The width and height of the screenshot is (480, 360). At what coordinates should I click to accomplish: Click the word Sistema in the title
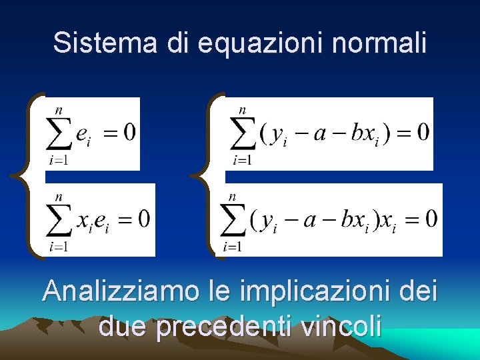point(106,43)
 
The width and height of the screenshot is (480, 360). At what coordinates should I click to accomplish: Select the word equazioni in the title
point(259,43)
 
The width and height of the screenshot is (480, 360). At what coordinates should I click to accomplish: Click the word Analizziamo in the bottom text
point(121,292)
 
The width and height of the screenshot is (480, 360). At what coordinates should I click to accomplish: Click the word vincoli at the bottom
point(341,327)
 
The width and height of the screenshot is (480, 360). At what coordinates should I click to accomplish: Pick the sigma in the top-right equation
point(243,133)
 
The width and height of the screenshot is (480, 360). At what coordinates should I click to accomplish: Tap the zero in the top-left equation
point(129,131)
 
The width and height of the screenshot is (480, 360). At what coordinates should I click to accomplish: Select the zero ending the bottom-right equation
point(431,218)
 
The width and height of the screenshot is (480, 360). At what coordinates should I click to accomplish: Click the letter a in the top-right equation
point(319,132)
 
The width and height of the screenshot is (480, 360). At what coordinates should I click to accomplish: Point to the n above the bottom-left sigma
point(59,197)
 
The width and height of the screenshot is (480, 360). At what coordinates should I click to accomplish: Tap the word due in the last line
point(124,327)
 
